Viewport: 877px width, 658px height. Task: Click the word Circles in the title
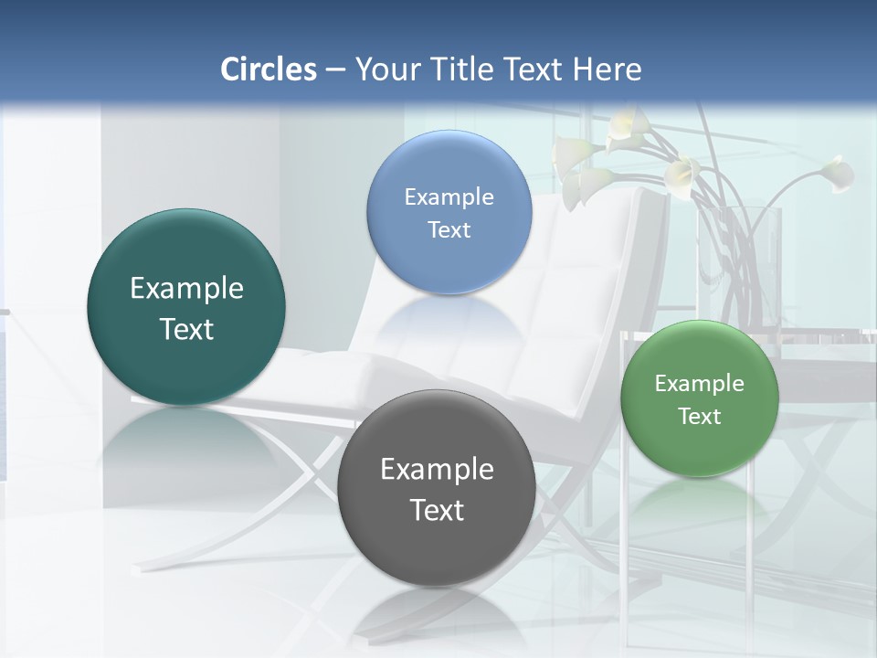tap(268, 69)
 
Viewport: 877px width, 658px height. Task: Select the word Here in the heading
tap(608, 69)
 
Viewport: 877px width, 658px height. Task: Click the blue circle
tap(449, 212)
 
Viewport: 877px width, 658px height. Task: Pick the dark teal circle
tap(186, 307)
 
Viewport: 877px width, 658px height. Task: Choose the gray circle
tap(436, 488)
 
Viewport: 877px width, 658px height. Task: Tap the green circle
tap(699, 398)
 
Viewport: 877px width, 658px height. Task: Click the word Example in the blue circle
tap(449, 196)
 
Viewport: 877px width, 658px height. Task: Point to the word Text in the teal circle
tap(186, 329)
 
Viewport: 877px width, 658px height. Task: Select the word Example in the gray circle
tap(437, 470)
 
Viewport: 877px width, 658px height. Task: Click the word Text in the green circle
tap(700, 417)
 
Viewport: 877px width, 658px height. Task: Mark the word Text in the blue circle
tap(449, 229)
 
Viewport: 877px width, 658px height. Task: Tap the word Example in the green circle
tap(699, 383)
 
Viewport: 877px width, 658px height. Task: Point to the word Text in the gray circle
tap(437, 510)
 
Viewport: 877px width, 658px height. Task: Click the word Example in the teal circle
tap(186, 289)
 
